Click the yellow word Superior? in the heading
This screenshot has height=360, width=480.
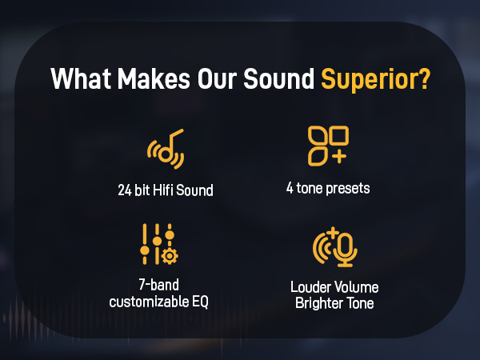[374, 81]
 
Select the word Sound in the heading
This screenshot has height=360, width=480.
[281, 81]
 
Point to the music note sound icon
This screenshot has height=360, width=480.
[166, 149]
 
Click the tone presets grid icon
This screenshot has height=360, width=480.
[327, 145]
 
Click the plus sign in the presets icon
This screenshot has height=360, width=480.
[338, 155]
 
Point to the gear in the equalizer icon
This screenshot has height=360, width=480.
[170, 256]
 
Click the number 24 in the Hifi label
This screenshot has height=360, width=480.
[124, 192]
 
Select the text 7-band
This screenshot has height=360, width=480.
[158, 286]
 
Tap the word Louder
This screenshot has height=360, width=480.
[310, 287]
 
